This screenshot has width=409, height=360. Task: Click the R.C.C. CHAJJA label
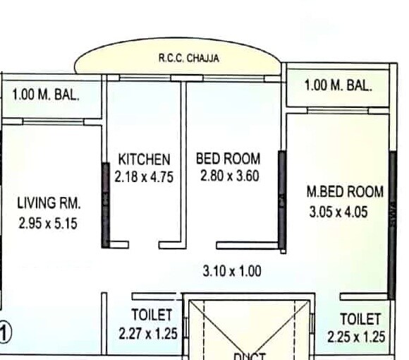tap(188, 59)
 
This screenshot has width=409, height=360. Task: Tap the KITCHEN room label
tap(144, 158)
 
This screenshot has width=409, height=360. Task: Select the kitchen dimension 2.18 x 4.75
tap(144, 176)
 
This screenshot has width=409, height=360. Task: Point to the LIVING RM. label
tap(49, 203)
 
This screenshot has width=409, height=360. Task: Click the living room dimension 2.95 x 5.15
tap(49, 224)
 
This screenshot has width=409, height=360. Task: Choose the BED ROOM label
tap(228, 158)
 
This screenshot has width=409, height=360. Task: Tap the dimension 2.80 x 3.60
tap(228, 176)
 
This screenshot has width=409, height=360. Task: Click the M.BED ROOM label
tap(345, 191)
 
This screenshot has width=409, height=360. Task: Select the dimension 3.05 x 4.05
tap(338, 211)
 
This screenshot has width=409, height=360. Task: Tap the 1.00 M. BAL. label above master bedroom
tap(338, 85)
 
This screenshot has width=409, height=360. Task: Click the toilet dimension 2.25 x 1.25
tap(356, 337)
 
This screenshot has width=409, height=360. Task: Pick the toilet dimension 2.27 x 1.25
tap(148, 332)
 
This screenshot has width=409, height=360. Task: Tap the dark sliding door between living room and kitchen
tap(106, 205)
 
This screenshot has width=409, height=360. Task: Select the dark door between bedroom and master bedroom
tap(281, 201)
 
